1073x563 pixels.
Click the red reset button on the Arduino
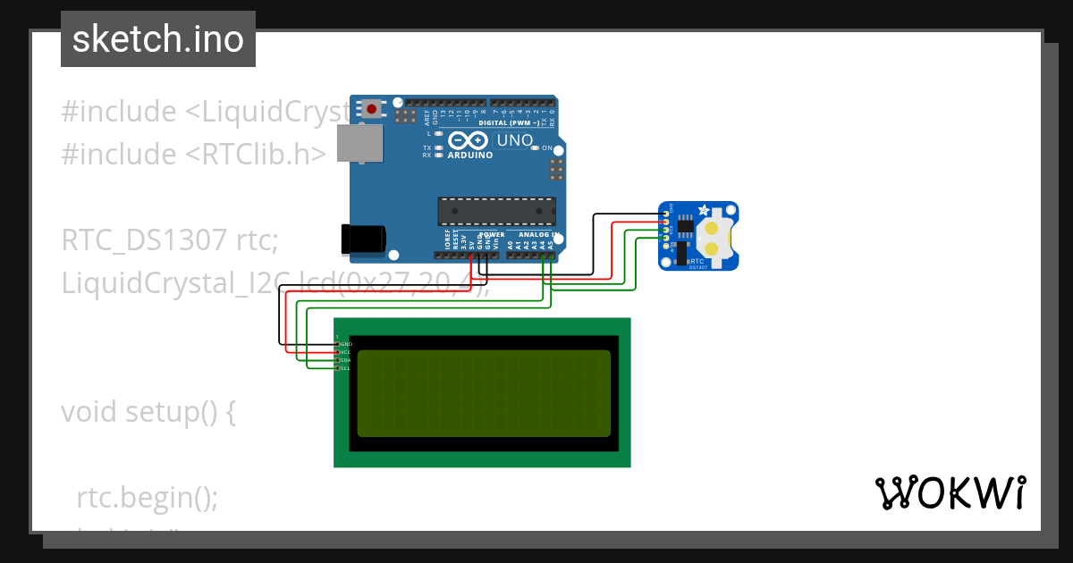[x=370, y=110]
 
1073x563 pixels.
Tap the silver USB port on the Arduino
[x=359, y=143]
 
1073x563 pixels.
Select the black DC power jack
[x=363, y=239]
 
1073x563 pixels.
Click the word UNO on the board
[x=514, y=140]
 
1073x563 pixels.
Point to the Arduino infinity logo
[x=469, y=140]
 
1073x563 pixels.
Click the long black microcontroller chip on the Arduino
[x=496, y=211]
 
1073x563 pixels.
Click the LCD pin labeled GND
[x=338, y=343]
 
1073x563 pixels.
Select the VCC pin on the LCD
[x=338, y=351]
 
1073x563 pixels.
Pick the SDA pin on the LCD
[x=338, y=359]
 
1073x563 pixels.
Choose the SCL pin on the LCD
[x=338, y=367]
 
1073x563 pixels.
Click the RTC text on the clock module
[x=697, y=261]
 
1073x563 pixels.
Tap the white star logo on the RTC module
[x=704, y=212]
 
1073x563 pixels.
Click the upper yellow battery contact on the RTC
[x=712, y=228]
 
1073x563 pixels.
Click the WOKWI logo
[x=950, y=492]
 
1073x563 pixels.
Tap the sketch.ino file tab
[x=158, y=39]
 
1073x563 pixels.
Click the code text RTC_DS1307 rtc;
[x=170, y=240]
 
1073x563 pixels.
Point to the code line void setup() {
[x=148, y=412]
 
